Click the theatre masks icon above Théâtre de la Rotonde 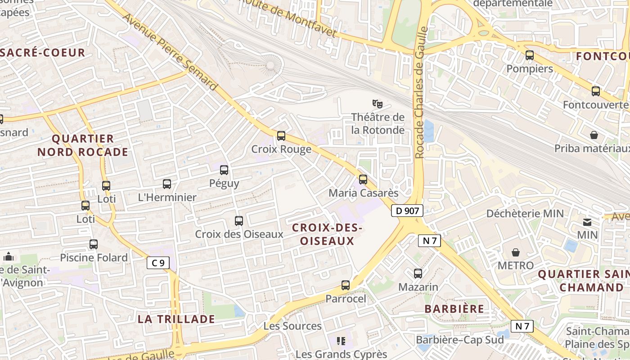point(377,104)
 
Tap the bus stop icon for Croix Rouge point(281,135)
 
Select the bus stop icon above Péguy point(224,170)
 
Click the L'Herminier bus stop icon point(167,184)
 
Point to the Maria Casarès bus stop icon point(363,180)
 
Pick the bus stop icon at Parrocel point(346,285)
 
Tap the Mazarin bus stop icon point(418,274)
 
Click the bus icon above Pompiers point(530,56)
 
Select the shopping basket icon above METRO point(516,252)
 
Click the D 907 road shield point(407,211)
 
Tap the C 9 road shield point(158,263)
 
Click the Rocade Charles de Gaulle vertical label point(421,92)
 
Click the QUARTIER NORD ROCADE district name point(83,145)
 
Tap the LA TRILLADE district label point(176,319)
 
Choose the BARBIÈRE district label point(454,309)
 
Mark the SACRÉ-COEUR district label point(43,53)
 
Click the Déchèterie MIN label point(525,213)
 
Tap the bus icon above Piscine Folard point(94,244)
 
